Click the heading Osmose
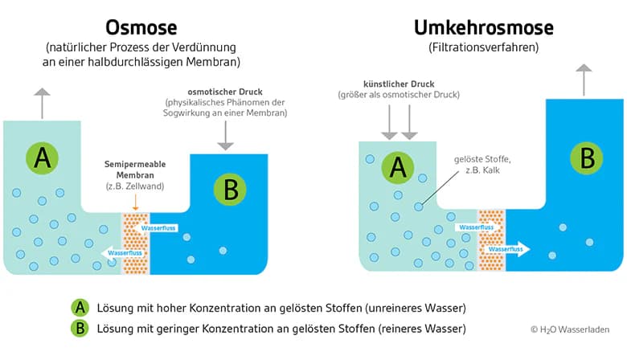142,27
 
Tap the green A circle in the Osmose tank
43,157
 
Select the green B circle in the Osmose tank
230,190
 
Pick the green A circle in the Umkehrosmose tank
396,166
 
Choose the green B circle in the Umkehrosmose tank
587,157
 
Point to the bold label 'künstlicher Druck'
399,84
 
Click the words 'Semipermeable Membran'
134,170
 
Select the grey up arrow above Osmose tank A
41,101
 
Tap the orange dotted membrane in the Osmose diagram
135,242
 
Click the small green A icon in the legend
80,307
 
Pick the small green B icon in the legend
80,328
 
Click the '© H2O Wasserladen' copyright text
569,329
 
